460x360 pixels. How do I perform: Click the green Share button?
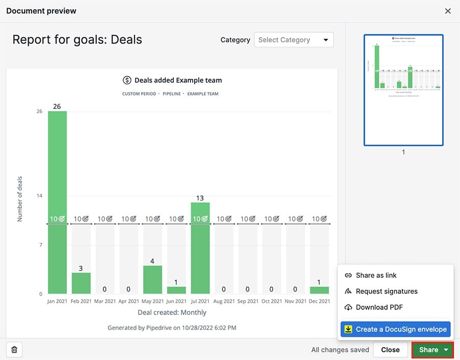click(428, 350)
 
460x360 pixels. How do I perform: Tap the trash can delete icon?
click(14, 350)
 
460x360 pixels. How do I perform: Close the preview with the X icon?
click(448, 11)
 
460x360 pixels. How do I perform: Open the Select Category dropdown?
click(293, 40)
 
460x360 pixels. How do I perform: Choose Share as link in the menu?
click(376, 275)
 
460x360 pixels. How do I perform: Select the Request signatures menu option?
click(386, 291)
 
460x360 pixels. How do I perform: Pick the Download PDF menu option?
click(379, 307)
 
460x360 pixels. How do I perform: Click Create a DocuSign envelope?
click(396, 329)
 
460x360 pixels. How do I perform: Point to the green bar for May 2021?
click(152, 280)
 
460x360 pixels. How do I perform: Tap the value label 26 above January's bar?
click(57, 106)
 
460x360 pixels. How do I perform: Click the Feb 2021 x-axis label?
click(81, 302)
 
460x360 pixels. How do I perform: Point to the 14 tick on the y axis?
click(39, 196)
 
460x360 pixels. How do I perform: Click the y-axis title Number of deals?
click(20, 199)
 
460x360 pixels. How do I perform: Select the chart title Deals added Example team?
click(178, 80)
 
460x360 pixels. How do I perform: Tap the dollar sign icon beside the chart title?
click(127, 80)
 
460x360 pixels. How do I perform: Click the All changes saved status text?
click(340, 350)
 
